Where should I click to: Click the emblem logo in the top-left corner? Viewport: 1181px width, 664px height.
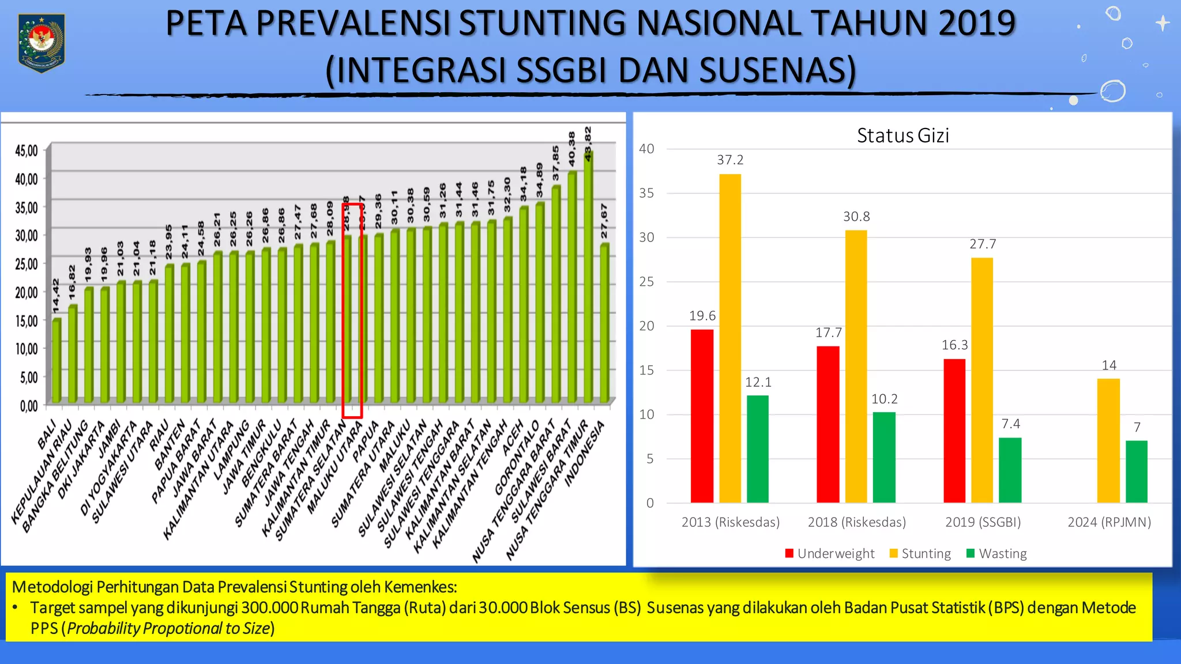pyautogui.click(x=42, y=43)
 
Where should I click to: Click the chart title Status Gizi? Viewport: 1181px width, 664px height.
pyautogui.click(x=902, y=135)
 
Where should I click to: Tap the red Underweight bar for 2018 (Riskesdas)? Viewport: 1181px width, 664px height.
pyautogui.click(x=828, y=424)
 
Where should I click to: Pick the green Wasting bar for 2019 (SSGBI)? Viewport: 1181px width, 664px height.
pyautogui.click(x=1010, y=470)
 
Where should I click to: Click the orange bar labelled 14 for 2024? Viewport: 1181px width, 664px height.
pyautogui.click(x=1108, y=441)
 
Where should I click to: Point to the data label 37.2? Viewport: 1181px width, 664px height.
pyautogui.click(x=730, y=160)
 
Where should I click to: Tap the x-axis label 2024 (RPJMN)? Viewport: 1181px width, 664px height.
pyautogui.click(x=1109, y=522)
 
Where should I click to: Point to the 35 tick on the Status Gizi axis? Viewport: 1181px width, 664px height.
pyautogui.click(x=646, y=193)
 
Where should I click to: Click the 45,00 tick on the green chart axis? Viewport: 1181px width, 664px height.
pyautogui.click(x=27, y=151)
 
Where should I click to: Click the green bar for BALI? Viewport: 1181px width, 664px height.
pyautogui.click(x=57, y=360)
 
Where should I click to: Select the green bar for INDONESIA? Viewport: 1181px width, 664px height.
pyautogui.click(x=604, y=323)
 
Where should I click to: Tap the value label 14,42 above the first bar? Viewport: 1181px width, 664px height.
pyautogui.click(x=56, y=296)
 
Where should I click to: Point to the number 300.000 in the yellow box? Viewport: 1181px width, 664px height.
pyautogui.click(x=270, y=608)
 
